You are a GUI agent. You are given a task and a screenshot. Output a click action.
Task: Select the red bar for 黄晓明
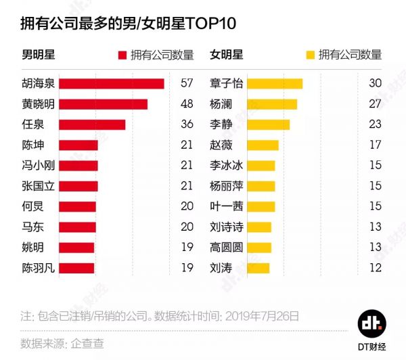(103, 104)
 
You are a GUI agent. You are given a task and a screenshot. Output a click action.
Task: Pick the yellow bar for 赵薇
(263, 145)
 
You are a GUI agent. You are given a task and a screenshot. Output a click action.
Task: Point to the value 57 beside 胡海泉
(187, 83)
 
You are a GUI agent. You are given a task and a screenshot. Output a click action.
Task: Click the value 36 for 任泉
(187, 125)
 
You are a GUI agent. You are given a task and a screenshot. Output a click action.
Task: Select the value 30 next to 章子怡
(376, 83)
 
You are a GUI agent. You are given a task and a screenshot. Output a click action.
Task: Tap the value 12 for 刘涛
(376, 268)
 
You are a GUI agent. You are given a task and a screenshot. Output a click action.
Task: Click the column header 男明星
(37, 55)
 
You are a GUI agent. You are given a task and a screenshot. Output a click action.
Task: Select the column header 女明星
(226, 55)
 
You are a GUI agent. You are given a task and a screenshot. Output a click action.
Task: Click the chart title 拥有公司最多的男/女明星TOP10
(129, 23)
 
